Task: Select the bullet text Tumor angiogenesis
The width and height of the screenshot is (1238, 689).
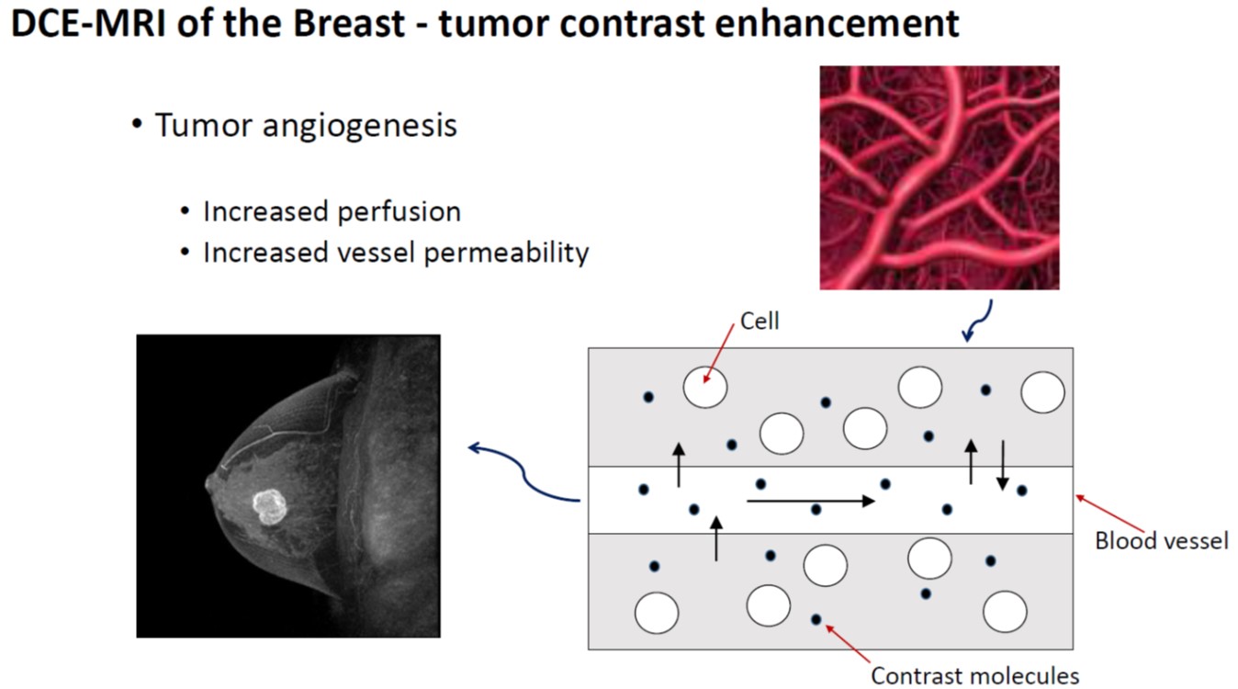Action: click(x=306, y=125)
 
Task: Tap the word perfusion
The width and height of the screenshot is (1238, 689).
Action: click(x=404, y=211)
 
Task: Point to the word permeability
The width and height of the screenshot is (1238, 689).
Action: click(x=505, y=252)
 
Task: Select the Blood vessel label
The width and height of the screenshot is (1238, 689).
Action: click(x=1161, y=540)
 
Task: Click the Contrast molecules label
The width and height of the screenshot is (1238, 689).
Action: click(x=974, y=676)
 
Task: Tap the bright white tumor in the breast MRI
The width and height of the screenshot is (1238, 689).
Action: click(x=270, y=505)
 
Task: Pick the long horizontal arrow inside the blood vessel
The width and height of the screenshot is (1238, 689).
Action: click(x=810, y=501)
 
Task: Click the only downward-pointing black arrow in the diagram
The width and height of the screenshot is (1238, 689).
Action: click(x=1003, y=464)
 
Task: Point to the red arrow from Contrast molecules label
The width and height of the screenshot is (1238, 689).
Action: click(x=848, y=643)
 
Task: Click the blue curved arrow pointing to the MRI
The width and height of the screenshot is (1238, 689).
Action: click(x=523, y=471)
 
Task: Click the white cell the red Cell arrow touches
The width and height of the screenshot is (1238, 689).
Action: click(x=705, y=388)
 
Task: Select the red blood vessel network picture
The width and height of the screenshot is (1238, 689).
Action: click(x=939, y=177)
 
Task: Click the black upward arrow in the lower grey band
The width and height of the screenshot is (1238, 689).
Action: click(x=716, y=538)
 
